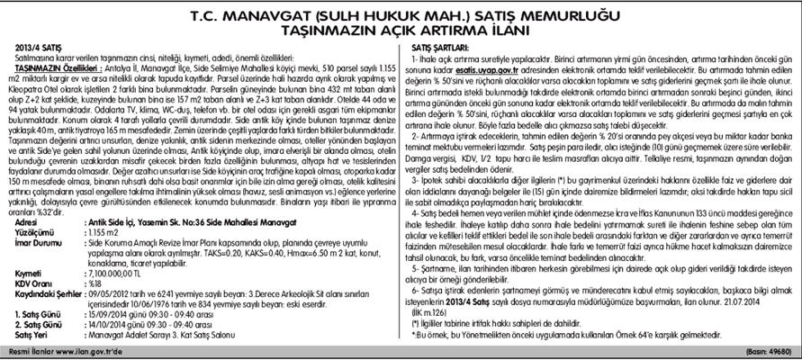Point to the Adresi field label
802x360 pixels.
(27, 220)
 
